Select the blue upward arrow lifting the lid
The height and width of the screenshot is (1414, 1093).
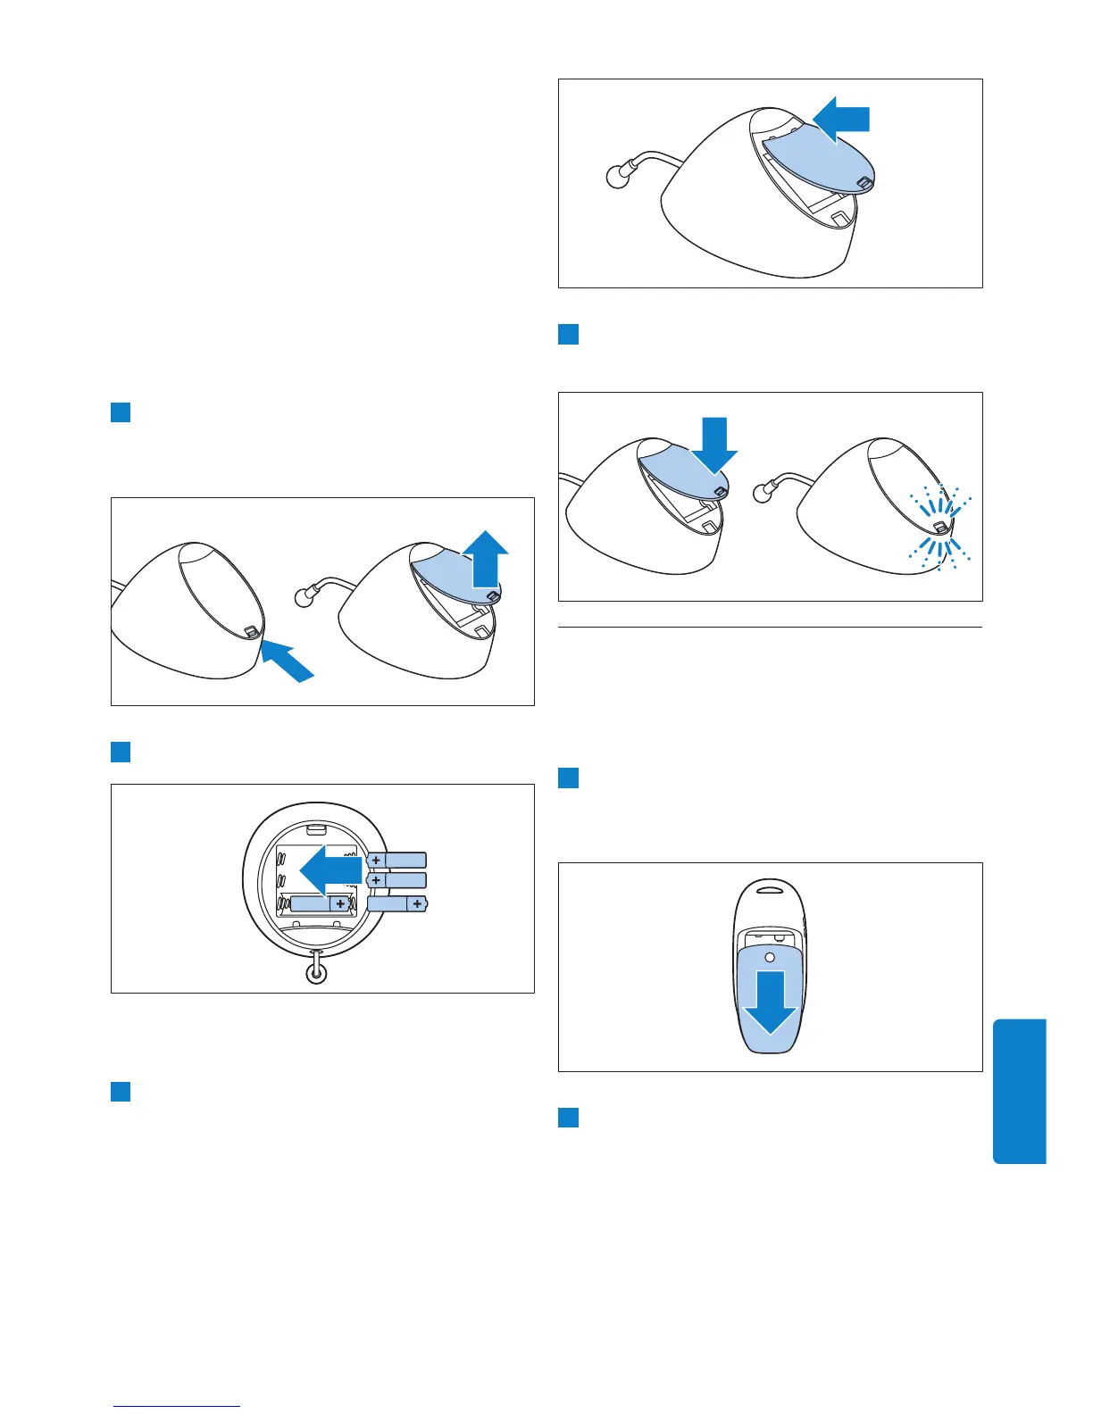(485, 558)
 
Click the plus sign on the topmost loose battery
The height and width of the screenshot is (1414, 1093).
(377, 861)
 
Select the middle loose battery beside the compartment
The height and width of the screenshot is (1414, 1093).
(396, 880)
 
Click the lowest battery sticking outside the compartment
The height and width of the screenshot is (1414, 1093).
(396, 903)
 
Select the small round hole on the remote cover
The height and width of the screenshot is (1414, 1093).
(769, 958)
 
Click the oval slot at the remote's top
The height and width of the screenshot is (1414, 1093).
(770, 888)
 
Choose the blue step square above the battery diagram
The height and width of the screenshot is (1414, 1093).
(121, 752)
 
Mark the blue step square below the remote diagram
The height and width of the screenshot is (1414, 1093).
(568, 1117)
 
